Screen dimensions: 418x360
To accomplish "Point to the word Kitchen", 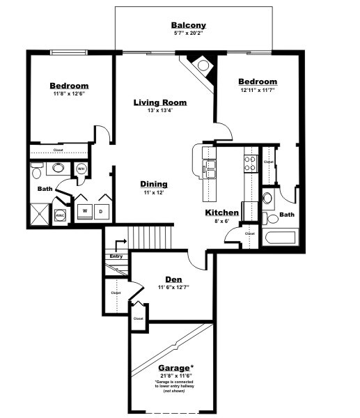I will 222,212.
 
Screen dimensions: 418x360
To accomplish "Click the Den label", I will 174,279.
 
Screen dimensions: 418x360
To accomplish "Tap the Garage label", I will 174,368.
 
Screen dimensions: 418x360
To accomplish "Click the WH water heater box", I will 81,169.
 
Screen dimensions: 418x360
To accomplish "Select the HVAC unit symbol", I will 61,216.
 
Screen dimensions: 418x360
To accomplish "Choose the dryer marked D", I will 102,211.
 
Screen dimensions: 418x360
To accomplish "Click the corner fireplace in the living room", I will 202,67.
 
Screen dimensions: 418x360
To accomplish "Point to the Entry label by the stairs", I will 116,256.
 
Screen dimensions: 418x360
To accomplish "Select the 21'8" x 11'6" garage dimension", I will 174,376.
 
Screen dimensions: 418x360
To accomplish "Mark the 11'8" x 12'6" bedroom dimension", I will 69,93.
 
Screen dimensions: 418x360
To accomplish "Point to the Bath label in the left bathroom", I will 45,189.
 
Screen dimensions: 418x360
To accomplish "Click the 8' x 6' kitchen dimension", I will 222,221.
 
